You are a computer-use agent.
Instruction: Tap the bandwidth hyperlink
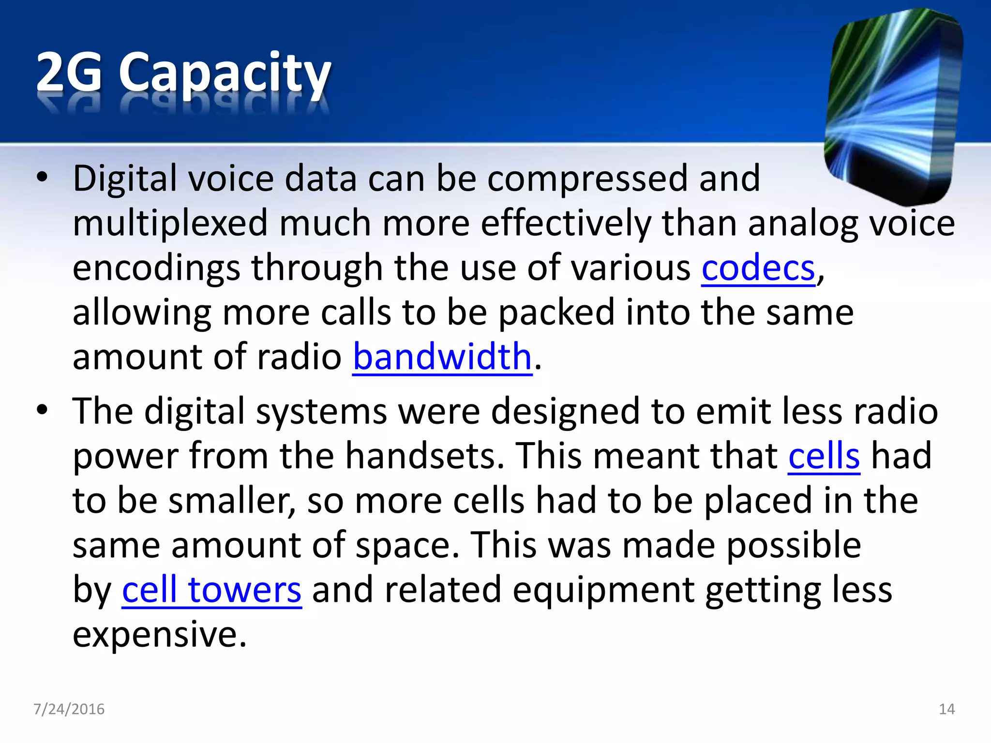442,357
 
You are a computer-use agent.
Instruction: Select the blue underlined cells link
824,456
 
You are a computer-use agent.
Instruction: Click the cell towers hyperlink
211,590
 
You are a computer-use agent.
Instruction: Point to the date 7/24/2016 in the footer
69,709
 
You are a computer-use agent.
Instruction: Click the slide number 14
946,709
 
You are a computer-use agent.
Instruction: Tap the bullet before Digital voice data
42,178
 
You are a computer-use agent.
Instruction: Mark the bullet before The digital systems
42,410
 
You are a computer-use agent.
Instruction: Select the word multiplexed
170,223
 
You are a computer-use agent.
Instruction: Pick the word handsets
424,456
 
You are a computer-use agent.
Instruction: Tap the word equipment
603,591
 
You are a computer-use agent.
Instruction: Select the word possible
794,545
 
